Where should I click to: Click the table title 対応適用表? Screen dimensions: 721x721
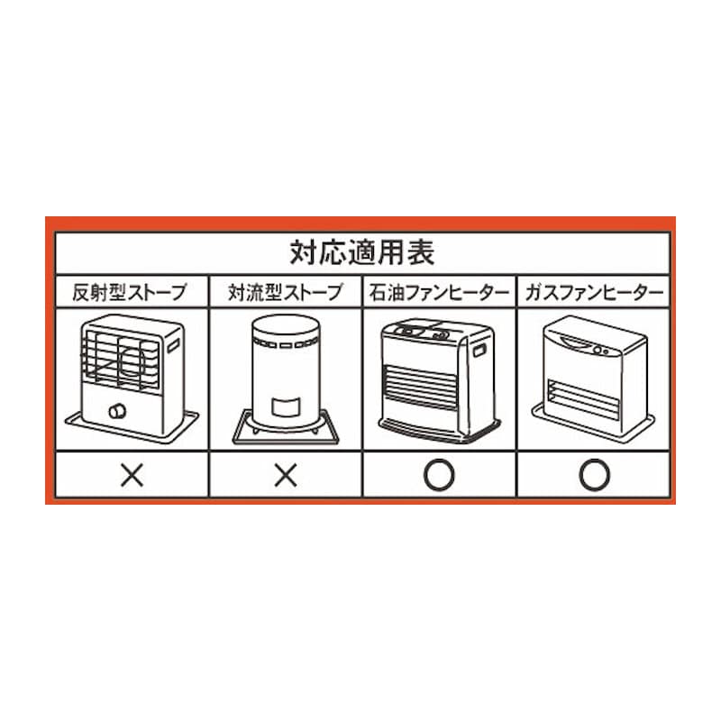(x=362, y=252)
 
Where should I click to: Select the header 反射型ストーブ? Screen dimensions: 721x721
(x=130, y=292)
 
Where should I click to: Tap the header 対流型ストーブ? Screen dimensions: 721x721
(x=286, y=292)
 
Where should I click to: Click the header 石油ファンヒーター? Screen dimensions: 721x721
(x=439, y=292)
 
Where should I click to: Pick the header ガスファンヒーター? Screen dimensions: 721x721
(x=594, y=292)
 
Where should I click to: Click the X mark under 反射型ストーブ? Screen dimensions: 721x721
(x=132, y=475)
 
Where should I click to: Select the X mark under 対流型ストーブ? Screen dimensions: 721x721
(x=286, y=475)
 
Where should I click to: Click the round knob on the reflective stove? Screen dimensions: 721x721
(x=117, y=411)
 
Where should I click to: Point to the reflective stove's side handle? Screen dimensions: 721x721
(x=173, y=346)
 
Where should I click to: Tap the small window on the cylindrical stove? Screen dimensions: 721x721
(x=286, y=406)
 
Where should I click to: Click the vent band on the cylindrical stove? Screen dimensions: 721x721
(x=286, y=343)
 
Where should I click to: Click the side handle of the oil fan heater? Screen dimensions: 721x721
(x=479, y=351)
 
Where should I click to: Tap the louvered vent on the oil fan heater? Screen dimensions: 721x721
(x=421, y=388)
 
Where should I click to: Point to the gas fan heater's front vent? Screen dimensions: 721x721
(x=584, y=398)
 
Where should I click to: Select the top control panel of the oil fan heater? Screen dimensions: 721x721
(x=421, y=330)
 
